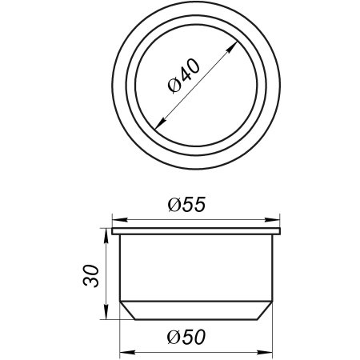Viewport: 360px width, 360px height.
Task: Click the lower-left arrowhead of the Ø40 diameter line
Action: (157, 126)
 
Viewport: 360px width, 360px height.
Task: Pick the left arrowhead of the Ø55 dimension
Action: (115, 218)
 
